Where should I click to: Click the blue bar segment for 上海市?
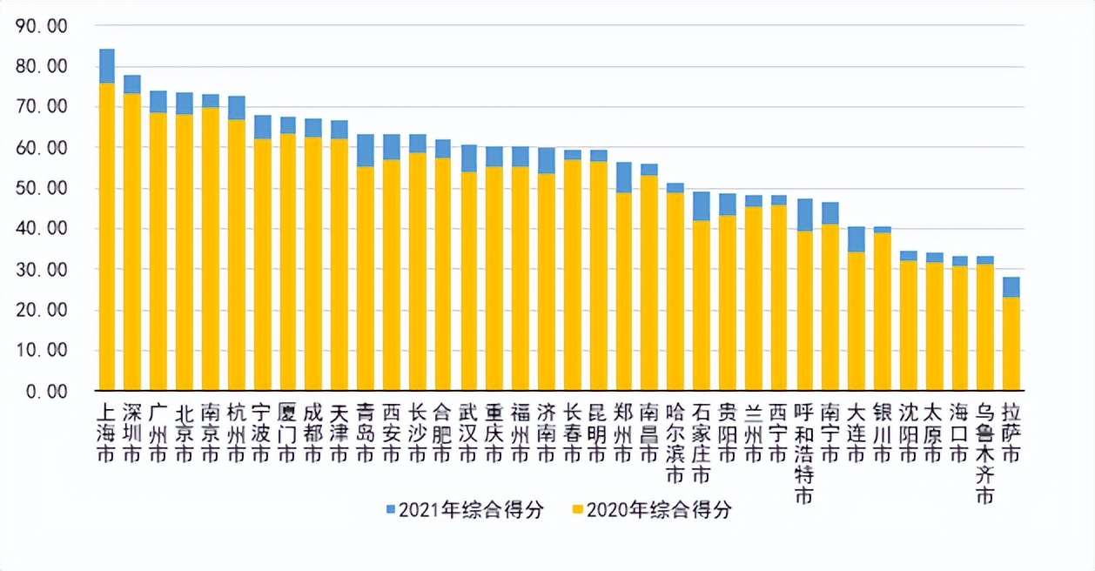tap(107, 66)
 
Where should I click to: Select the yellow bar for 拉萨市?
tap(1011, 344)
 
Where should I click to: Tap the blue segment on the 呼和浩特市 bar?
tap(804, 215)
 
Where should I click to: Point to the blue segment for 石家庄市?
tap(701, 206)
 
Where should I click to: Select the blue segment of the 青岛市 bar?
tap(366, 151)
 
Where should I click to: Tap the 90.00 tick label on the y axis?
tap(42, 26)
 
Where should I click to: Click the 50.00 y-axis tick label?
tap(42, 189)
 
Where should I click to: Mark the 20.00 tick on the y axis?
tap(42, 311)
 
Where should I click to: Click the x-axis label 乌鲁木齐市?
tap(984, 453)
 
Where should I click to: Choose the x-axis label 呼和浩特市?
tap(804, 453)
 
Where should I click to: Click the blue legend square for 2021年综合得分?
tap(390, 509)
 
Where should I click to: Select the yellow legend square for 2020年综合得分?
tap(578, 509)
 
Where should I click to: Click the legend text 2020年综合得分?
tap(659, 510)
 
